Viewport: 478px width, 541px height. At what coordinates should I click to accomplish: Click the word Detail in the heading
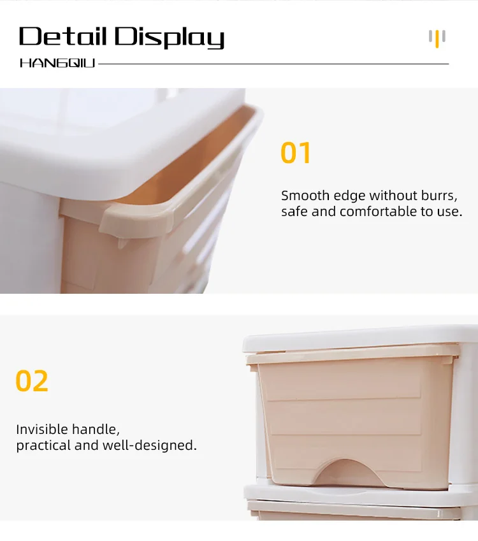tap(63, 37)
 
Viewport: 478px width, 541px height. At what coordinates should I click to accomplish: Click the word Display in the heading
tap(170, 38)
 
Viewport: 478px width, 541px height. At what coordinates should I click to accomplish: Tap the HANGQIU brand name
tap(57, 64)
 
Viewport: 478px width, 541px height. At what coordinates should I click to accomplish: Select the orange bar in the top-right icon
tap(437, 40)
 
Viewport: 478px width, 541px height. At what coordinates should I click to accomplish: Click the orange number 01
tap(296, 154)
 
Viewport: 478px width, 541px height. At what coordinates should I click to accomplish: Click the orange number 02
tap(32, 381)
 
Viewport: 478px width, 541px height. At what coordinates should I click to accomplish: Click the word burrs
tap(439, 196)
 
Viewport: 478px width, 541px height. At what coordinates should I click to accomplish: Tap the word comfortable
tap(379, 212)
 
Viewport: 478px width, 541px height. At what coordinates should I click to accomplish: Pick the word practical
tap(44, 445)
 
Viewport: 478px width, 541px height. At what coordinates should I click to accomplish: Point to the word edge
tap(351, 196)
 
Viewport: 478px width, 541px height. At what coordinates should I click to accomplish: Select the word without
tap(393, 196)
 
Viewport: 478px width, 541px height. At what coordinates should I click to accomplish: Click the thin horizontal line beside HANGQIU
tap(274, 64)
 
